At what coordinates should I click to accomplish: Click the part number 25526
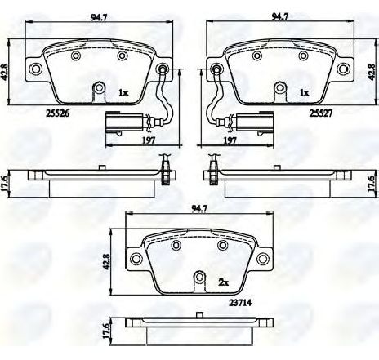[x=57, y=113]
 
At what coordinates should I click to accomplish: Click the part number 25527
[x=321, y=113]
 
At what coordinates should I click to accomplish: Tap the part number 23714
[x=239, y=303]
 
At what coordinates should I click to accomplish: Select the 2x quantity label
[x=223, y=282]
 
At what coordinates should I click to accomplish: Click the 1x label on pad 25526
[x=123, y=92]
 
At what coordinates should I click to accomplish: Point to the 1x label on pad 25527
[x=305, y=92]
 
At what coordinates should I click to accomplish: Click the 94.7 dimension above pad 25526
[x=99, y=17]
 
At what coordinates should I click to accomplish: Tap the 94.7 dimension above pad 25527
[x=279, y=17]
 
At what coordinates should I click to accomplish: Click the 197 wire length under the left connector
[x=149, y=140]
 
